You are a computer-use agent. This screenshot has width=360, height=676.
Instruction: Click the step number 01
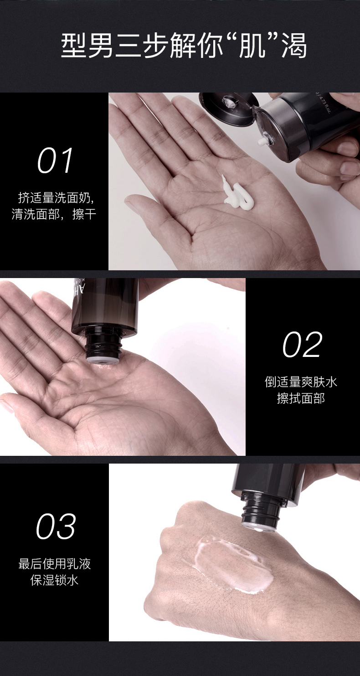pyautogui.click(x=55, y=160)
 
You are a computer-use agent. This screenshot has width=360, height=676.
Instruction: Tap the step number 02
pyautogui.click(x=303, y=344)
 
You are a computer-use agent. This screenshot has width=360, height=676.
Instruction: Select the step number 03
pyautogui.click(x=56, y=526)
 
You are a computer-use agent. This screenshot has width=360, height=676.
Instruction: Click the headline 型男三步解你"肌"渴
pyautogui.click(x=184, y=46)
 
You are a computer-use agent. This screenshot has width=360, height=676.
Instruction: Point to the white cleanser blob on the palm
pyautogui.click(x=237, y=194)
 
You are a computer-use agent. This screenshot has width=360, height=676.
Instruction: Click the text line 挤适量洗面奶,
pyautogui.click(x=56, y=198)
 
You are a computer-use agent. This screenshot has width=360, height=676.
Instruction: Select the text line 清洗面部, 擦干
pyautogui.click(x=54, y=214)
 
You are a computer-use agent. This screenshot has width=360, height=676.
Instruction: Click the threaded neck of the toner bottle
pyautogui.click(x=104, y=346)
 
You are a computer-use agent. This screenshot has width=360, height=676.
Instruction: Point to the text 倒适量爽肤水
pyautogui.click(x=301, y=382)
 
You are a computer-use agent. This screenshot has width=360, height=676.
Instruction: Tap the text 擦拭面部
pyautogui.click(x=301, y=398)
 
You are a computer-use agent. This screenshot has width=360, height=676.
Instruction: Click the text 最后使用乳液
pyautogui.click(x=55, y=564)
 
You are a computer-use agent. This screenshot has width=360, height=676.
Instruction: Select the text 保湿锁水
pyautogui.click(x=54, y=580)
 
